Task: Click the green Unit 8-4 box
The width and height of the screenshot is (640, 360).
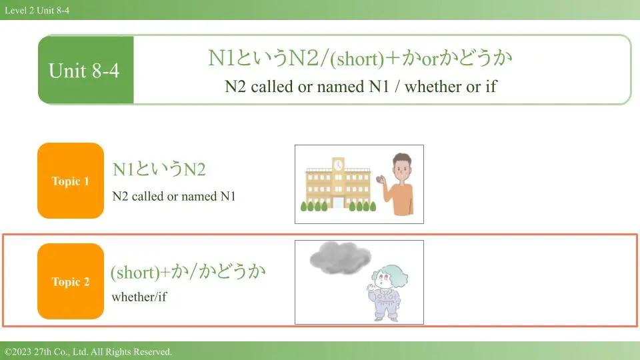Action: tap(86, 70)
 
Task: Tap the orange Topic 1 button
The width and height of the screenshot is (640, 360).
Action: tap(71, 181)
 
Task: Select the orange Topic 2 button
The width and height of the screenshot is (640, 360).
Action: tap(71, 281)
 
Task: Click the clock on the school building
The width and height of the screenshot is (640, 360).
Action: tap(338, 165)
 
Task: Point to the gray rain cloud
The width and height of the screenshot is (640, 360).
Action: tap(340, 257)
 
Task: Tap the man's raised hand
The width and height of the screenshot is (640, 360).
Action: tap(381, 179)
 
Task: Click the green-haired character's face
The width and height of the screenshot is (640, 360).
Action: tap(383, 279)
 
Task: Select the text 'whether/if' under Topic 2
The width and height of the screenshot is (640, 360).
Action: tap(139, 297)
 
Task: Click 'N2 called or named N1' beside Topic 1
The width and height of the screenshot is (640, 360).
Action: tap(174, 196)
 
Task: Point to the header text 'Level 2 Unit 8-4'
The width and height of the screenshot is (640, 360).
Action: tap(37, 10)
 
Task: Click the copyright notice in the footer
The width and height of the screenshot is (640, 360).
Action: tap(88, 351)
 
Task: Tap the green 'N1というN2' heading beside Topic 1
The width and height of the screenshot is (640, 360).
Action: tap(159, 169)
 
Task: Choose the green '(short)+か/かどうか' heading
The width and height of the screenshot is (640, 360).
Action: tap(188, 272)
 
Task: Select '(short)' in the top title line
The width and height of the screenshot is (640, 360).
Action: tap(357, 59)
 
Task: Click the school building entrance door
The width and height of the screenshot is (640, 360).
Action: tap(339, 203)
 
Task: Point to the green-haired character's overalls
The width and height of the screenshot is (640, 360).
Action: tap(385, 303)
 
